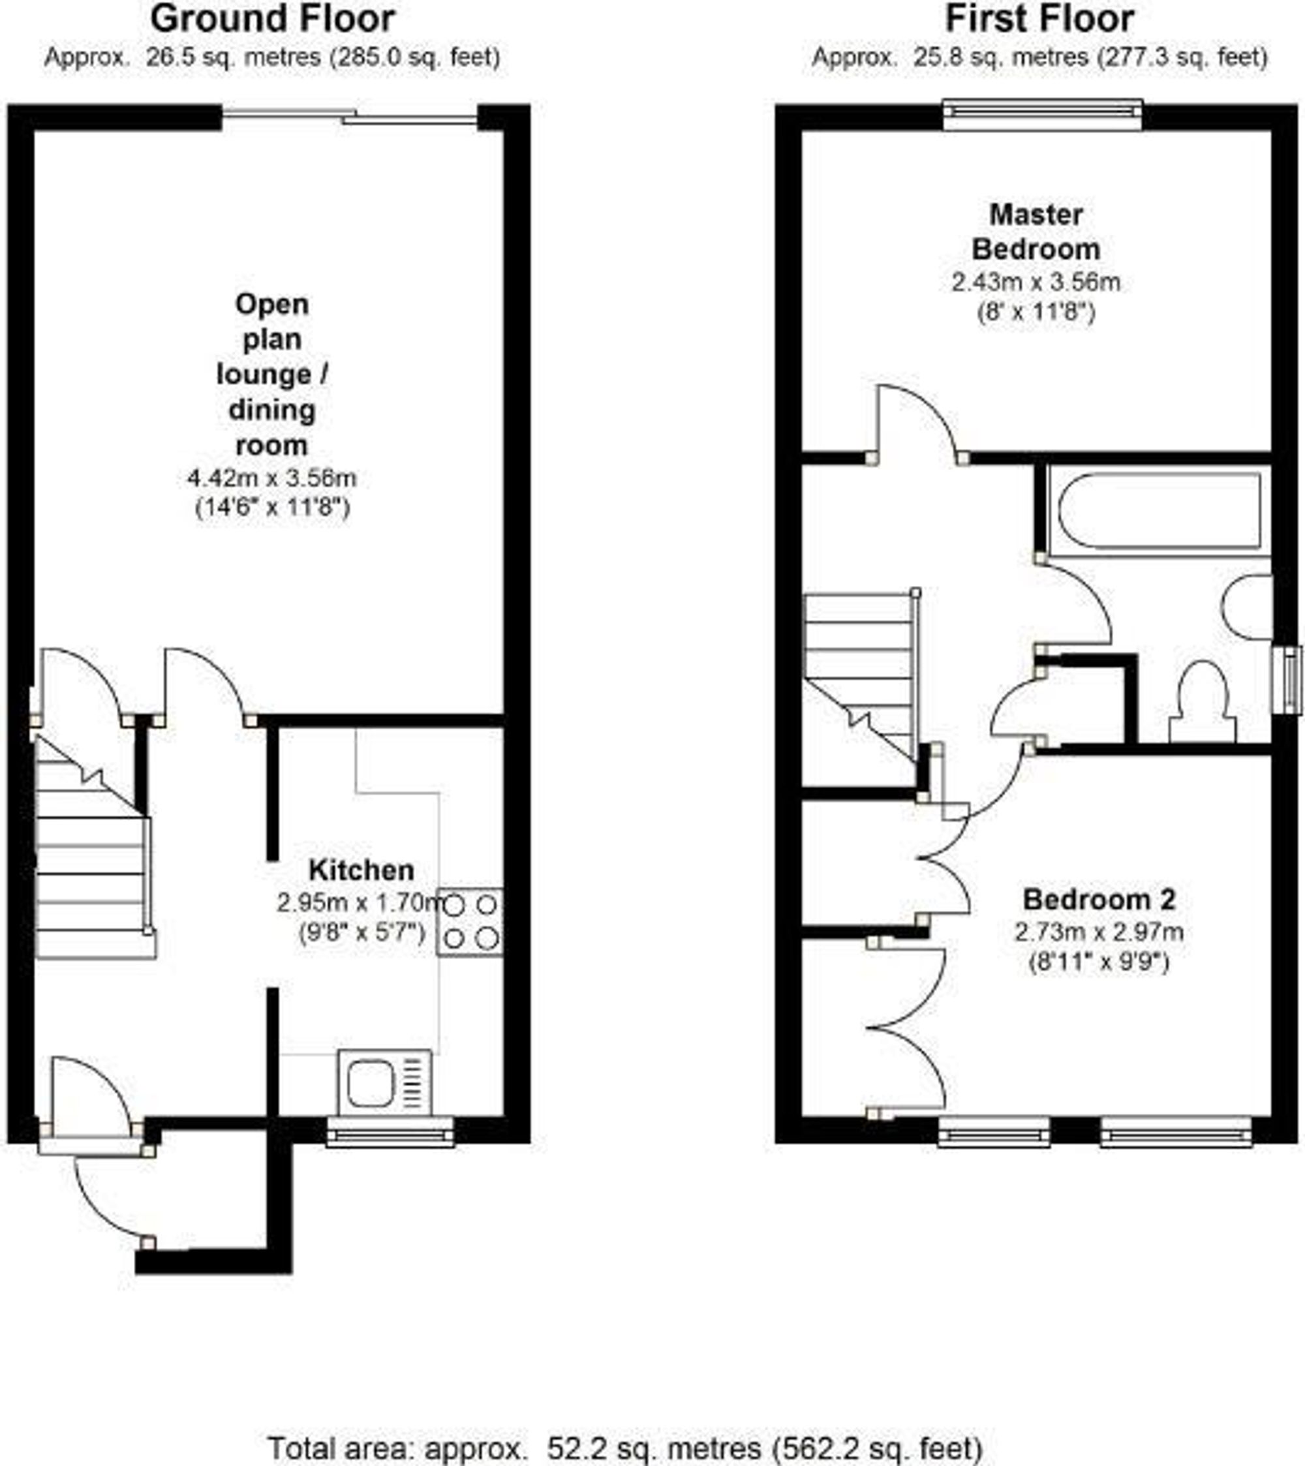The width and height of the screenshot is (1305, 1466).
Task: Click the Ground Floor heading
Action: (x=272, y=20)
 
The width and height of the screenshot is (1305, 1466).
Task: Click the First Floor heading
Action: (x=1039, y=20)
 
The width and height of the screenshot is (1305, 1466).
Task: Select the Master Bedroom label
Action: (x=1036, y=232)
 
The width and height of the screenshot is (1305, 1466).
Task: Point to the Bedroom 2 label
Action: (x=1098, y=900)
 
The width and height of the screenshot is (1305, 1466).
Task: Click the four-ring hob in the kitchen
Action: (x=470, y=922)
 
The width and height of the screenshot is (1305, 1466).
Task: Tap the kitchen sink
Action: (x=385, y=1083)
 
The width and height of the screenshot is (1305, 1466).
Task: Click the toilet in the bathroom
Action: (x=1203, y=703)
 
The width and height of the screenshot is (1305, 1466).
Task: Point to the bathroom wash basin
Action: (x=1248, y=607)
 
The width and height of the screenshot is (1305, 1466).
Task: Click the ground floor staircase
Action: (x=92, y=853)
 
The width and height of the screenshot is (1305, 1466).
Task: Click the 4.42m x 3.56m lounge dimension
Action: (x=272, y=478)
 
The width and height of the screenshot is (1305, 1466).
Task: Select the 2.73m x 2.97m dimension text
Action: (x=1098, y=932)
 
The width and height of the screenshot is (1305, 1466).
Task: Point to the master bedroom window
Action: (x=1041, y=114)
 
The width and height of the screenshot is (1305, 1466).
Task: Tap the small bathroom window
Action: (x=1293, y=680)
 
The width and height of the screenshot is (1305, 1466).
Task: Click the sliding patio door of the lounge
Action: (x=349, y=117)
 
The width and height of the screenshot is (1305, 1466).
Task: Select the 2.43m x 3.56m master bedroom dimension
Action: (x=1036, y=282)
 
